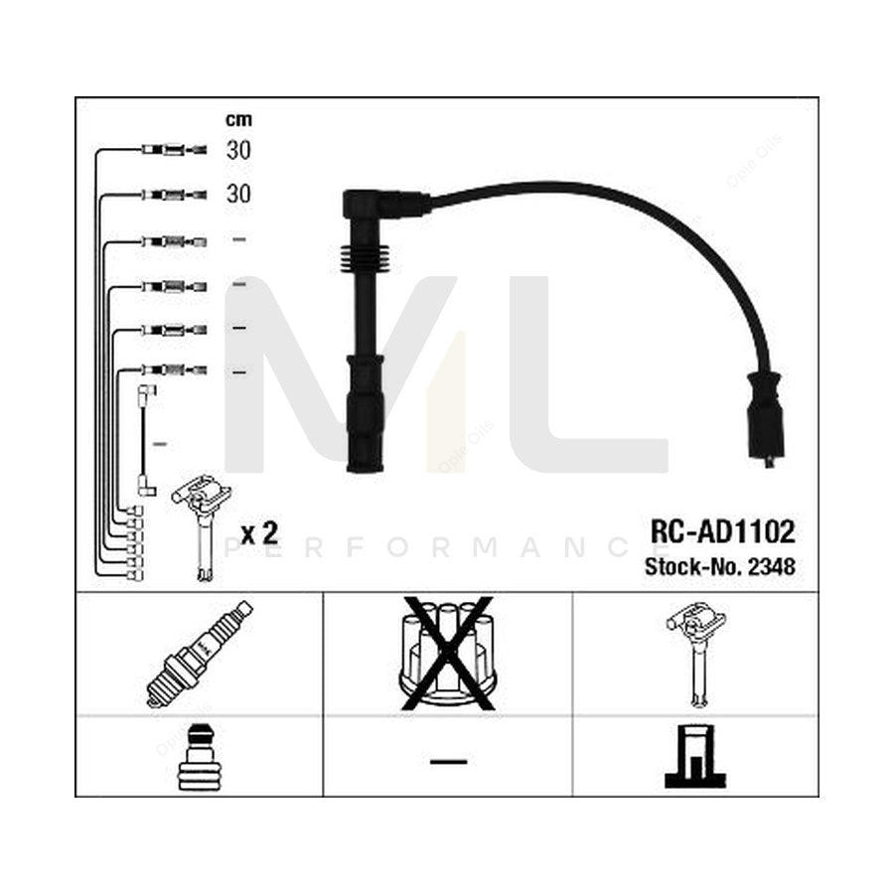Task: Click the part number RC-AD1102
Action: pyautogui.click(x=722, y=532)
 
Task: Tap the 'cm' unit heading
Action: pyautogui.click(x=238, y=120)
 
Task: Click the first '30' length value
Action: pyautogui.click(x=238, y=151)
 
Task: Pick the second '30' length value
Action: pyautogui.click(x=238, y=194)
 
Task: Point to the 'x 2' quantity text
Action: pyautogui.click(x=258, y=533)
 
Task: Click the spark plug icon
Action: pyautogui.click(x=199, y=654)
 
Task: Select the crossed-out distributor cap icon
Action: pyautogui.click(x=447, y=654)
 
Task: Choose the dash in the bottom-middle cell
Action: pyautogui.click(x=448, y=762)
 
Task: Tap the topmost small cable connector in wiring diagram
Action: pyautogui.click(x=173, y=150)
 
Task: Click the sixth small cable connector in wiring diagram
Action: pyautogui.click(x=173, y=371)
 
